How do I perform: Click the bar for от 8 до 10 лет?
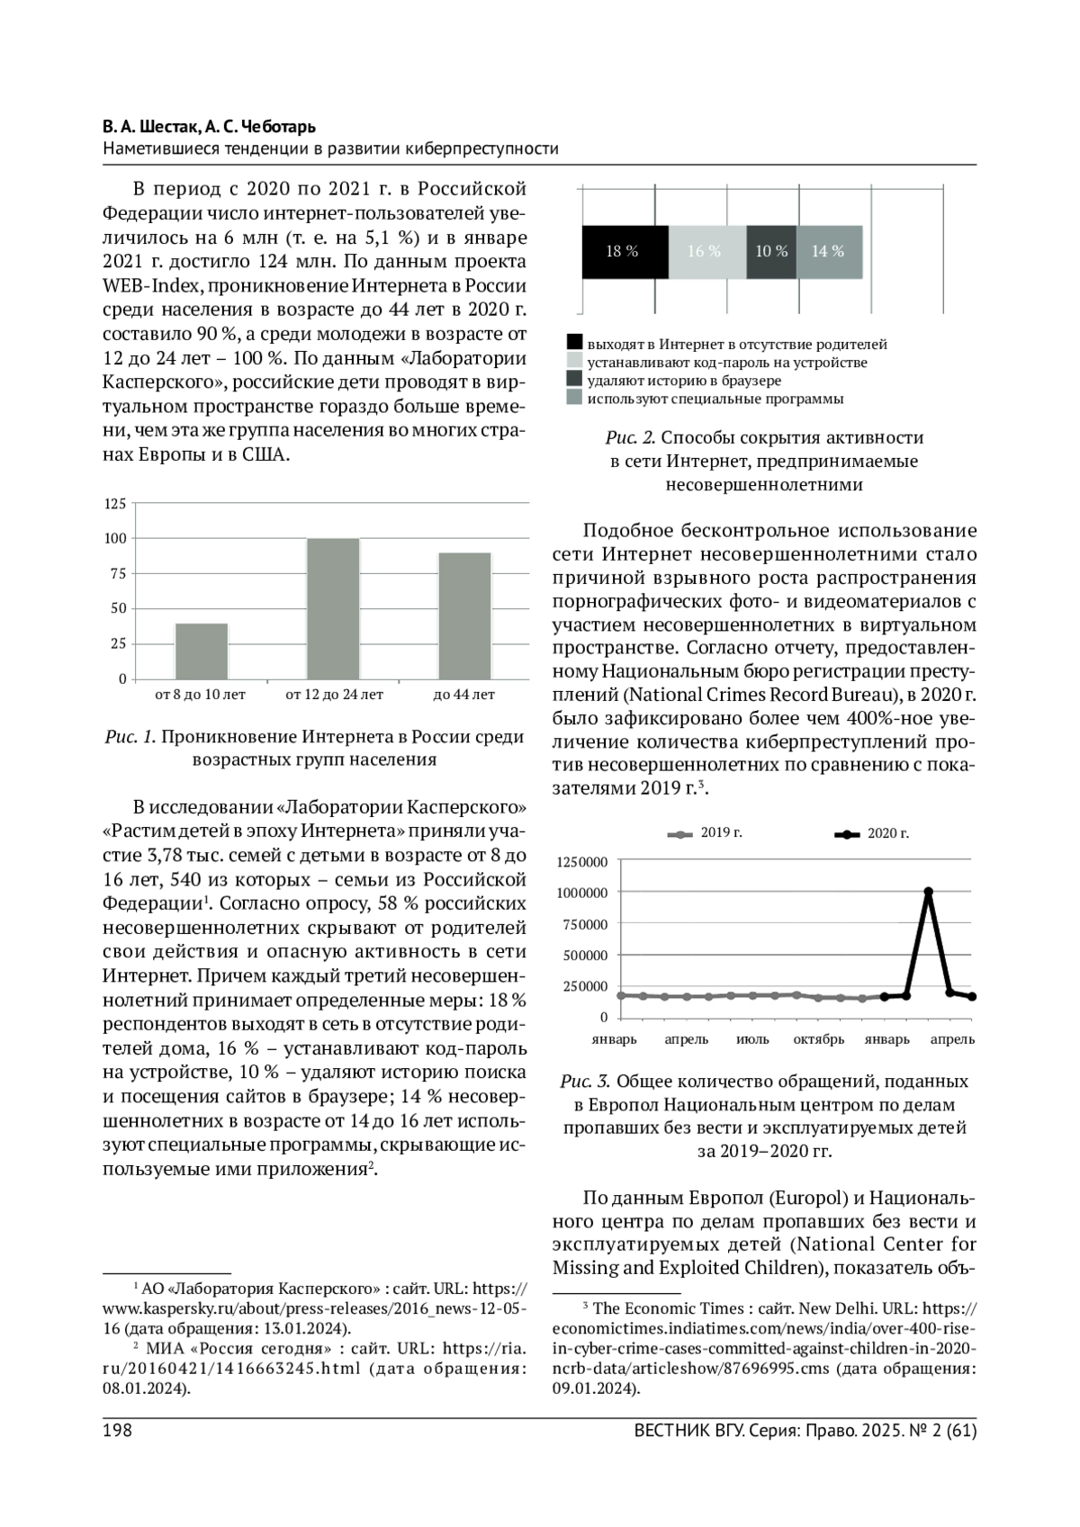202,651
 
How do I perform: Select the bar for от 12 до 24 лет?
333,608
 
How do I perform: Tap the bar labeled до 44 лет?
464,615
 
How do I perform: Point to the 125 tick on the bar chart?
115,504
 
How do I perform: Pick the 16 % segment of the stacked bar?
706,252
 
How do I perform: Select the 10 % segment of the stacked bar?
771,252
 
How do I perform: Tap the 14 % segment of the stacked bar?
829,252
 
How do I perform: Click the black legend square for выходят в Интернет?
574,344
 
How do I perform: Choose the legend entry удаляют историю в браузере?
684,381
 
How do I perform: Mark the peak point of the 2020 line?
928,892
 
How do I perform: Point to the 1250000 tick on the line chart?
582,862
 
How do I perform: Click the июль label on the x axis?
752,1039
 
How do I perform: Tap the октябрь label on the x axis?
818,1039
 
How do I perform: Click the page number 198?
117,1431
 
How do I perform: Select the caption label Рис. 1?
130,737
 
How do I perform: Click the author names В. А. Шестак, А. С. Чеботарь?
209,127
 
